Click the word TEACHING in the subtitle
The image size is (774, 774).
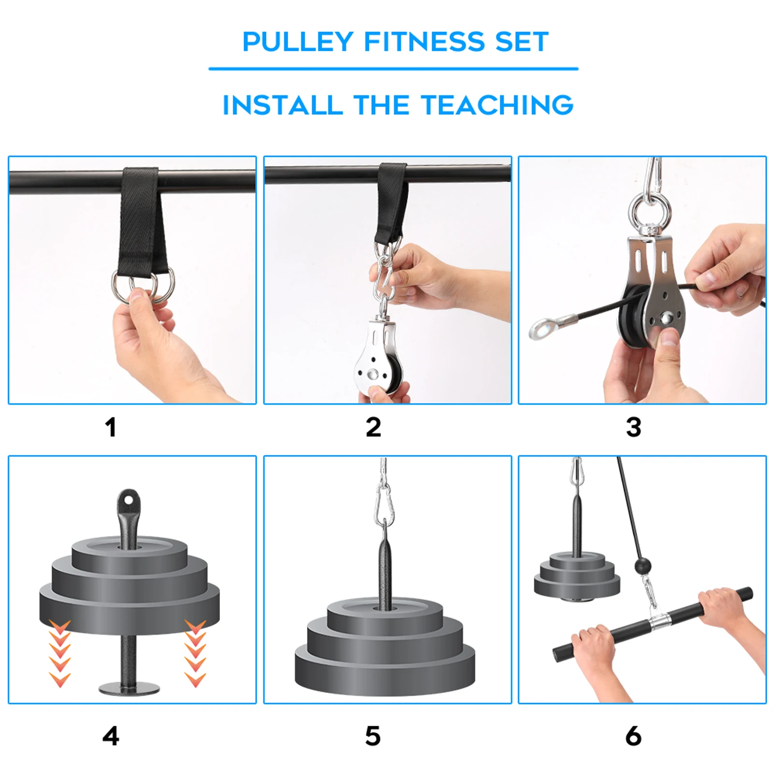[497, 105]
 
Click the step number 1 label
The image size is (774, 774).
[111, 427]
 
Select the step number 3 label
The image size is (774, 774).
[633, 427]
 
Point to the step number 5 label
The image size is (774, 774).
[373, 736]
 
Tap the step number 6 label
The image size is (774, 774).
[633, 736]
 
